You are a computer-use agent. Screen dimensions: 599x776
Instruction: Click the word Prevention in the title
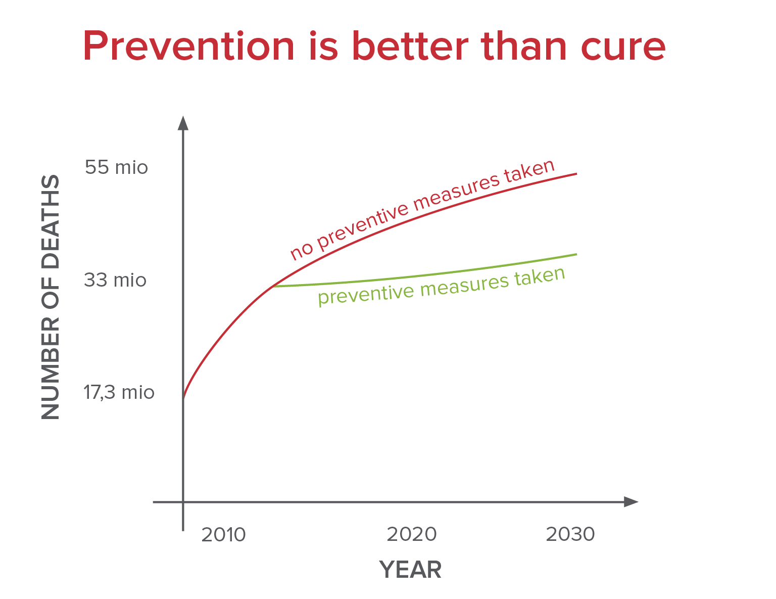pyautogui.click(x=188, y=47)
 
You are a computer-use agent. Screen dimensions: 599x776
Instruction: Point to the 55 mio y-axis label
pyautogui.click(x=116, y=167)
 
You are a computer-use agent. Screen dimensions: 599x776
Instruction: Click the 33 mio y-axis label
pyautogui.click(x=115, y=280)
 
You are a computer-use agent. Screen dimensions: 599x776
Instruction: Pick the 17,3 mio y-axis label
pyautogui.click(x=119, y=392)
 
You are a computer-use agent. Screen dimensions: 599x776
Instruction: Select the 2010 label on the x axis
pyautogui.click(x=223, y=534)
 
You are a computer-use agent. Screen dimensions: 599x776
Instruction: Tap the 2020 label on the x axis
pyautogui.click(x=411, y=534)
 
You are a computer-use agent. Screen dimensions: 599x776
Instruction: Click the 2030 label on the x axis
pyautogui.click(x=570, y=534)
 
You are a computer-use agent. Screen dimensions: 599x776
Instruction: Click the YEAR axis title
pyautogui.click(x=410, y=570)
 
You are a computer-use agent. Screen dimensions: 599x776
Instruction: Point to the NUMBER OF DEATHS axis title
pyautogui.click(x=51, y=297)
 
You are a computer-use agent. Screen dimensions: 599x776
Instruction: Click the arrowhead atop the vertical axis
pyautogui.click(x=183, y=123)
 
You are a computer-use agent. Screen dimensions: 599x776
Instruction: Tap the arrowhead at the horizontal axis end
pyautogui.click(x=631, y=502)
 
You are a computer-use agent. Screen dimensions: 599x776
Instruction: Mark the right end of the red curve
pyautogui.click(x=576, y=174)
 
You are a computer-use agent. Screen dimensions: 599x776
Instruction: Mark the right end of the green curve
pyautogui.click(x=576, y=254)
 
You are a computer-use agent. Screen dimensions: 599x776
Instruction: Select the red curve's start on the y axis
pyautogui.click(x=183, y=398)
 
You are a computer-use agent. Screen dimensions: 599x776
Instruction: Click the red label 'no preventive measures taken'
pyautogui.click(x=422, y=209)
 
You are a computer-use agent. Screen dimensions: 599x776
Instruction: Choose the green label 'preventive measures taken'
pyautogui.click(x=441, y=286)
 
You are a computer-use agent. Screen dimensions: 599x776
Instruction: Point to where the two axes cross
pyautogui.click(x=183, y=502)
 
